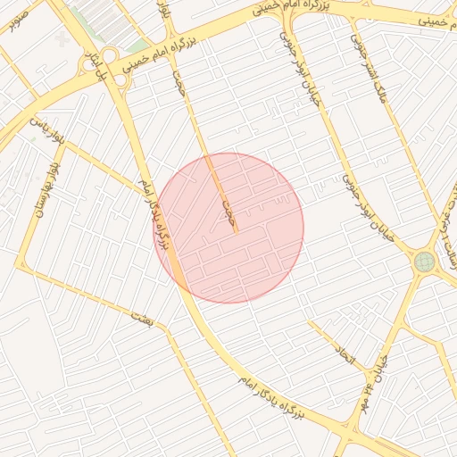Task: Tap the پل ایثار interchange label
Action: [93, 68]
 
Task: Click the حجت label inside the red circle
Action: [228, 210]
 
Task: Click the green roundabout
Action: [424, 262]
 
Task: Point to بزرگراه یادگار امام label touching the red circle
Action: [154, 214]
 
